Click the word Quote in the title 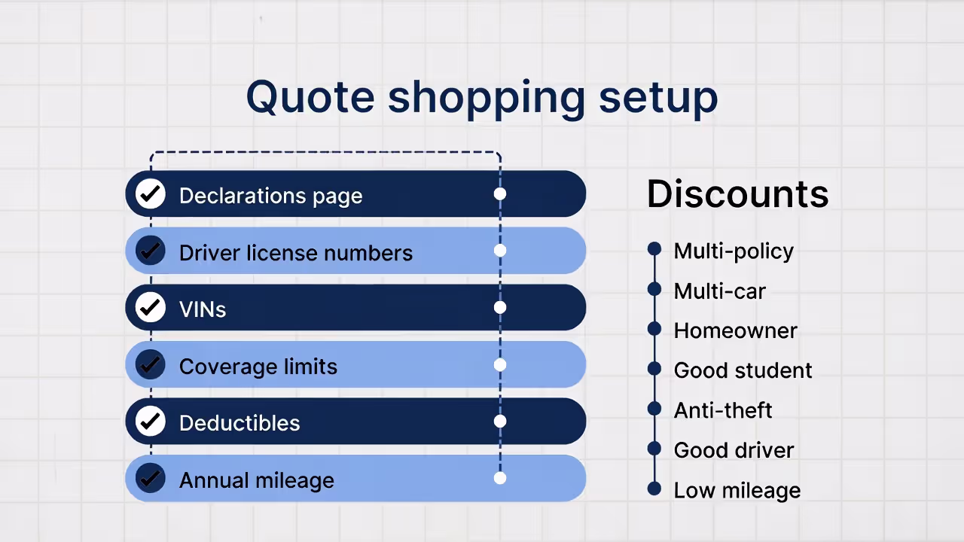(310, 97)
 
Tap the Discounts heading (737, 193)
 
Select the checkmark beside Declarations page (151, 194)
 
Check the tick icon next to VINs (151, 308)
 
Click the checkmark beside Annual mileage (151, 478)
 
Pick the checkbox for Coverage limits (151, 364)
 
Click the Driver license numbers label (295, 253)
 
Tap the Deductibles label (239, 423)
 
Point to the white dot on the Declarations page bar (500, 194)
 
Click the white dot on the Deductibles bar (500, 422)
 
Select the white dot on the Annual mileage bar (500, 478)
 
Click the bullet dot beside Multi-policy (654, 248)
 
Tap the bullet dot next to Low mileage (654, 489)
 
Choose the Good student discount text (743, 370)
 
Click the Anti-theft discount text (723, 410)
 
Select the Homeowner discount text (735, 330)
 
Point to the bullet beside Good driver (654, 449)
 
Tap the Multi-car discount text (719, 291)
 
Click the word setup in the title (658, 97)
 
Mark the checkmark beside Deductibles (151, 422)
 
